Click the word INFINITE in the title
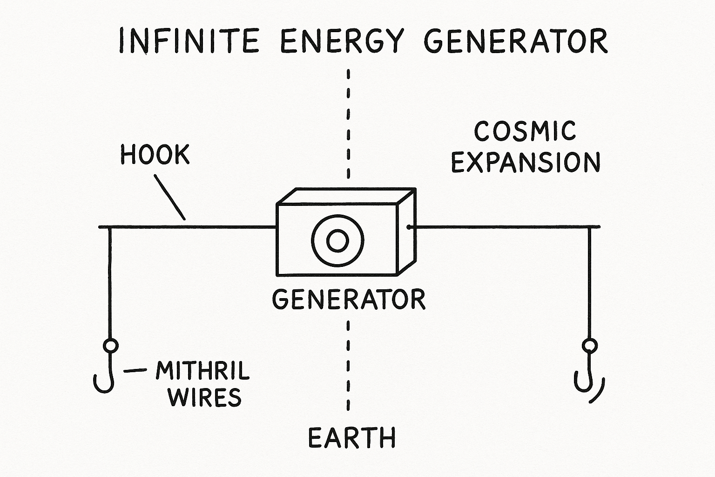189,41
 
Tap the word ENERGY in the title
342,41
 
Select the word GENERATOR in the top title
516,41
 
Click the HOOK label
155,155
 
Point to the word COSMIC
525,131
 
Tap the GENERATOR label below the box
349,299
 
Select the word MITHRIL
202,371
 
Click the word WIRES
205,397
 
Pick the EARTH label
352,438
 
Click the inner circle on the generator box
337,240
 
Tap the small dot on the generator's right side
408,227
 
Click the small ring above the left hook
110,346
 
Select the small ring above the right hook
590,346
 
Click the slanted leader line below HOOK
170,197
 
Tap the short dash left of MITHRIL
135,371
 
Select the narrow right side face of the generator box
406,233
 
